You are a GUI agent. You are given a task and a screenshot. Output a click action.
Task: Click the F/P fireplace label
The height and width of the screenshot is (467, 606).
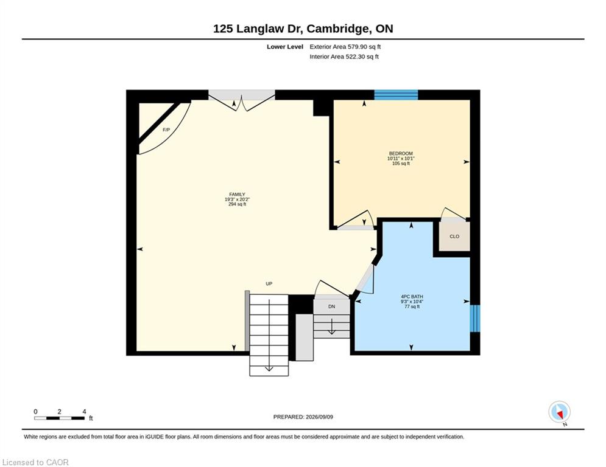(166, 130)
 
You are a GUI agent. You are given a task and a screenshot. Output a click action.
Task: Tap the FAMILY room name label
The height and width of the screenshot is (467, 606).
(238, 195)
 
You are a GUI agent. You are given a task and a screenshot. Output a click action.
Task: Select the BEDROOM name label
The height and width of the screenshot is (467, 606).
(401, 154)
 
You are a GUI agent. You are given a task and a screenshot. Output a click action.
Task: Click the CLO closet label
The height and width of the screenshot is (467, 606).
(454, 237)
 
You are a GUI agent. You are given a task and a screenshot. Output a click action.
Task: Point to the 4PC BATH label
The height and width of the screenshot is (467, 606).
(412, 297)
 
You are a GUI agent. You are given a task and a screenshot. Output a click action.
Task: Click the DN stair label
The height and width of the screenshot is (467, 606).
(331, 306)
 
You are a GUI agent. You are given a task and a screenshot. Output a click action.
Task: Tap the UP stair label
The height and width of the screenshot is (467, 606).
(269, 284)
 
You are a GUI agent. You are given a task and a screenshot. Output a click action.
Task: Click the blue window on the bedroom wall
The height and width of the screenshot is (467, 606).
(396, 95)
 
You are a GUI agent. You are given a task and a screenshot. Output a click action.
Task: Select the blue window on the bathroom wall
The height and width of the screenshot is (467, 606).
(475, 319)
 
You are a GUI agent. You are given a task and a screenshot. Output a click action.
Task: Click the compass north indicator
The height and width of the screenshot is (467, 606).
(560, 412)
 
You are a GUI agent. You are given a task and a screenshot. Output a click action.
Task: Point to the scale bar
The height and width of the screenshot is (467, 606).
(60, 418)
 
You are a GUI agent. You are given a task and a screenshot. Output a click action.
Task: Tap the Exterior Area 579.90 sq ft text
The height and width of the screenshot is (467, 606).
(345, 47)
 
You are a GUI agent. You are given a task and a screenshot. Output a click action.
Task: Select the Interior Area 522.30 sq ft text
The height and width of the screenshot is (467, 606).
(344, 57)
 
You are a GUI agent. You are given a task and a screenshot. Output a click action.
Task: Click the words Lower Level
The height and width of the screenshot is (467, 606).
(285, 47)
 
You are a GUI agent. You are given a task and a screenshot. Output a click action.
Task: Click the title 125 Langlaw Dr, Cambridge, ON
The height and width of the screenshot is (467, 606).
(303, 29)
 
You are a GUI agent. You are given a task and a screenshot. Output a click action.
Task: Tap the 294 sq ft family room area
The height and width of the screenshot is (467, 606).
(238, 204)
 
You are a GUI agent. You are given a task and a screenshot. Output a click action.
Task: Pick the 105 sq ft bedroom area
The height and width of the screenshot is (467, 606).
(401, 163)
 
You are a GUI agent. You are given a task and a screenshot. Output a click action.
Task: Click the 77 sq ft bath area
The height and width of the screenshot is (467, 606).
(412, 306)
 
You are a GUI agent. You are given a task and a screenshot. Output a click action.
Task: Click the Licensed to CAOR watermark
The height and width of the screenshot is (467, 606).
(35, 462)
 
